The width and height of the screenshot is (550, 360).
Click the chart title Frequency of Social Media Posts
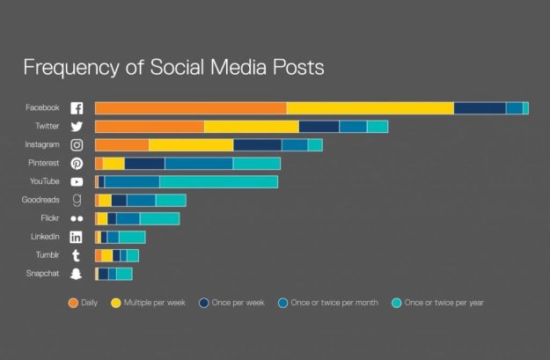pos(173,67)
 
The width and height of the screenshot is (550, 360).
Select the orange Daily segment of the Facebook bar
pos(190,107)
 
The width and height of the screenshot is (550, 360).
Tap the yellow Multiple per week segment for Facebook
pos(370,107)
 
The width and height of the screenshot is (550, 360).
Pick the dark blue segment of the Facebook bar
pos(480,107)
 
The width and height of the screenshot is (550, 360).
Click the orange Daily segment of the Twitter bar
pos(150,127)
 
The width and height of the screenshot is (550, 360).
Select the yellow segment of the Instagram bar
pos(191,145)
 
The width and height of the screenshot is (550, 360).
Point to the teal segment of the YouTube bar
pos(218,181)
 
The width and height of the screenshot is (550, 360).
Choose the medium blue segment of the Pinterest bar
pos(199,164)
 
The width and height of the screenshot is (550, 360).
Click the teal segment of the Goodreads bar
pos(171,200)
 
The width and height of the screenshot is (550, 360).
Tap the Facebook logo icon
pos(77,108)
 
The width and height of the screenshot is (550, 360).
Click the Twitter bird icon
pos(77,127)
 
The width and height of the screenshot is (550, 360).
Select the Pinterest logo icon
pos(77,164)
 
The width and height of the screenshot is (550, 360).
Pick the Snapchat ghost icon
pos(77,275)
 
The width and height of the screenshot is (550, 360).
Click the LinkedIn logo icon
pos(77,237)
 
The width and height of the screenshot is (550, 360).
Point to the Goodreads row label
pos(40,200)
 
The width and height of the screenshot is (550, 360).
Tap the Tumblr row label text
pos(47,255)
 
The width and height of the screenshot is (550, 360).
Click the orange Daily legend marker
pos(74,303)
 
